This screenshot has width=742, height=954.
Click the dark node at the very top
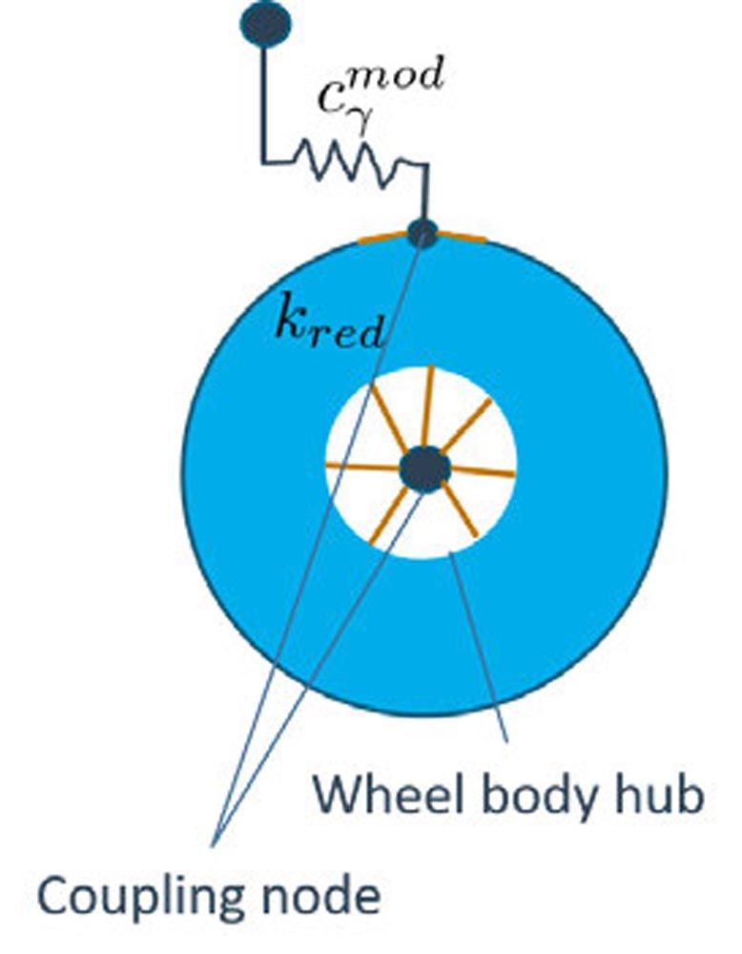[x=266, y=25]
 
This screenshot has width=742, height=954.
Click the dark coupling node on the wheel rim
[x=423, y=233]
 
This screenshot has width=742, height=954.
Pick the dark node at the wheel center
[x=424, y=468]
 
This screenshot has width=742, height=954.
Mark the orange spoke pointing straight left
[x=362, y=467]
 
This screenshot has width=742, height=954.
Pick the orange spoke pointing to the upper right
[x=467, y=424]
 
